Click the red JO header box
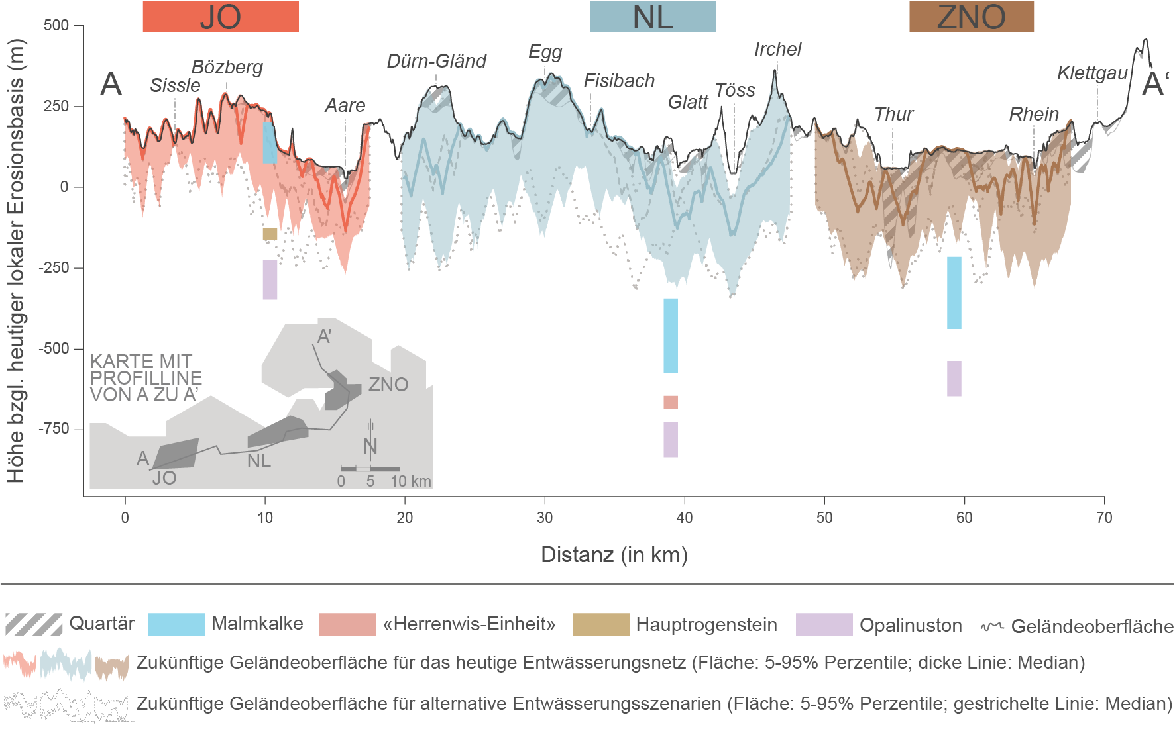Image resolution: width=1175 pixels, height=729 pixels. pos(221,17)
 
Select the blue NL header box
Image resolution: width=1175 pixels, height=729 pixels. pos(653,17)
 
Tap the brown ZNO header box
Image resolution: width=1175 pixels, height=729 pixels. pos(971,17)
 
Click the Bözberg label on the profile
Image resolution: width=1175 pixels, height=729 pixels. pos(227,68)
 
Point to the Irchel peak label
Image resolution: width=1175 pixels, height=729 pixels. pos(777,50)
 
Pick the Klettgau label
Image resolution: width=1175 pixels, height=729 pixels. pos(1092,73)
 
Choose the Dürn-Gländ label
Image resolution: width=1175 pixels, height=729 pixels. pos(437,62)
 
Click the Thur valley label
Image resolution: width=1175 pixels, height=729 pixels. pos(893,115)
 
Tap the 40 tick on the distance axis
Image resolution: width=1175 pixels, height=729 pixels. pos(685,518)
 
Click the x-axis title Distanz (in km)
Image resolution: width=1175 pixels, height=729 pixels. pos(614,555)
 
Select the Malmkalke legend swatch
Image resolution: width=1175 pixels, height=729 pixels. pos(176,624)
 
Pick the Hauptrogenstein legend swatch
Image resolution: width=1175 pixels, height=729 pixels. pos(601,624)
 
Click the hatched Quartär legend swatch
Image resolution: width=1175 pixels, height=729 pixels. pos(34,624)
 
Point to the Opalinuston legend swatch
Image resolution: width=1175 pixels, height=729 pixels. pos(824,624)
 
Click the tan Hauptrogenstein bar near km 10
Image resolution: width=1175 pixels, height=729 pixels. pos(270,234)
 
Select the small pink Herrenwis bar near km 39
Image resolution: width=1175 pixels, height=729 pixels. pos(671,402)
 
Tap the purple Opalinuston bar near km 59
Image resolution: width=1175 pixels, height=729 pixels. pos(954,379)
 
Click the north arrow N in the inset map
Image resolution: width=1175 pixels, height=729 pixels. pos(370,446)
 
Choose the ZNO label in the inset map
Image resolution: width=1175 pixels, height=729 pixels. pos(388,385)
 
